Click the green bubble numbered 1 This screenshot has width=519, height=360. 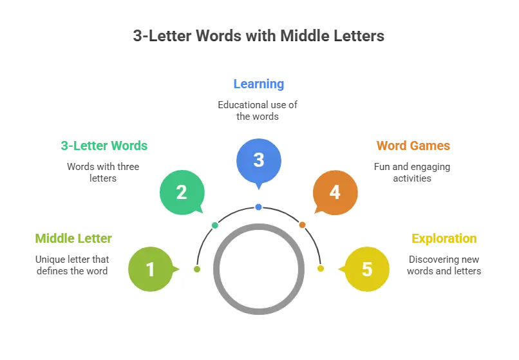[x=151, y=269]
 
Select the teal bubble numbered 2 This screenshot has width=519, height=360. [x=182, y=192]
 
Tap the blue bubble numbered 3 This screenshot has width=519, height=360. [x=259, y=160]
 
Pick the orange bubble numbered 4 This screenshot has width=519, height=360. [x=335, y=192]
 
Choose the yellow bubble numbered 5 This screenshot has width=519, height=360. [x=367, y=269]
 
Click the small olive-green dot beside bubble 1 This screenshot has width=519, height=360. [x=197, y=269]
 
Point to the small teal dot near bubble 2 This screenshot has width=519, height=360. [x=215, y=225]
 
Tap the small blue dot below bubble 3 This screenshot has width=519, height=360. [x=258, y=207]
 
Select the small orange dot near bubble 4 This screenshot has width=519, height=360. [x=302, y=225]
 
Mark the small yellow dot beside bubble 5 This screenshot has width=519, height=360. [x=320, y=269]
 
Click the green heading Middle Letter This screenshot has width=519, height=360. [x=72, y=239]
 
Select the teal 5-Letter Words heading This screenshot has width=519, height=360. [x=103, y=146]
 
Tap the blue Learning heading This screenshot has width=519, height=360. [x=259, y=84]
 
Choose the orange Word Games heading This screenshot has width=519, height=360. [x=413, y=146]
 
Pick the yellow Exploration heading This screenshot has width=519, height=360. [x=445, y=239]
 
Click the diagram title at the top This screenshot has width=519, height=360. [x=258, y=35]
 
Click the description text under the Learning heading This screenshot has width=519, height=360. [x=259, y=110]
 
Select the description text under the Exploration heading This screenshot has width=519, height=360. [x=445, y=265]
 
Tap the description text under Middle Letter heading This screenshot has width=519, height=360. [x=72, y=265]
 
